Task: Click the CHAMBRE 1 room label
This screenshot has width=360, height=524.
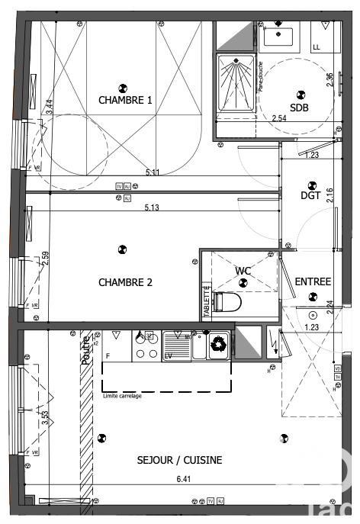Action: [125, 100]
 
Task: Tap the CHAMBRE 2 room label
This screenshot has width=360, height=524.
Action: [125, 282]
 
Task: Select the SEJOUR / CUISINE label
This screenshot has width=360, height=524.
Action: [179, 460]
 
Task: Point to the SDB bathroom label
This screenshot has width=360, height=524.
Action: [299, 108]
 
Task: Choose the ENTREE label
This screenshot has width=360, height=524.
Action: [313, 281]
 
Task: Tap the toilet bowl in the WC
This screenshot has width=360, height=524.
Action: [228, 303]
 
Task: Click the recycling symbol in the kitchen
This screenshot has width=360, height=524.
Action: [218, 343]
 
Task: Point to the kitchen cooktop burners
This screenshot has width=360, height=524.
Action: [146, 346]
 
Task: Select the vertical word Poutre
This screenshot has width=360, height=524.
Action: [85, 350]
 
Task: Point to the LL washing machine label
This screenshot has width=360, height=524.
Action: [317, 47]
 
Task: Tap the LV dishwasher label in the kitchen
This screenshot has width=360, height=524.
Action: [167, 355]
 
